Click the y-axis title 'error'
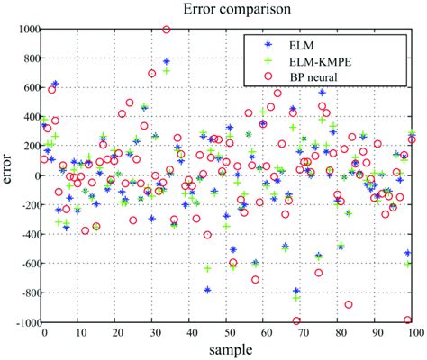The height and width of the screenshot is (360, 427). pyautogui.click(x=8, y=175)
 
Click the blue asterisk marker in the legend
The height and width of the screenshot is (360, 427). pyautogui.click(x=270, y=43)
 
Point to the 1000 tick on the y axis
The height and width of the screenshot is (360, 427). pyautogui.click(x=27, y=30)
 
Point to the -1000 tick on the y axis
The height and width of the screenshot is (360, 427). pyautogui.click(x=25, y=322)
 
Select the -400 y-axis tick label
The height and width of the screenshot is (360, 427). pyautogui.click(x=28, y=234)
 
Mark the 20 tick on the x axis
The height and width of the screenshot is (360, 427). pyautogui.click(x=117, y=331)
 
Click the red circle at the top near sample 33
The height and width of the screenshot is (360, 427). pyautogui.click(x=167, y=30)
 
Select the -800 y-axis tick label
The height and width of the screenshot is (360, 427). pyautogui.click(x=28, y=292)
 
